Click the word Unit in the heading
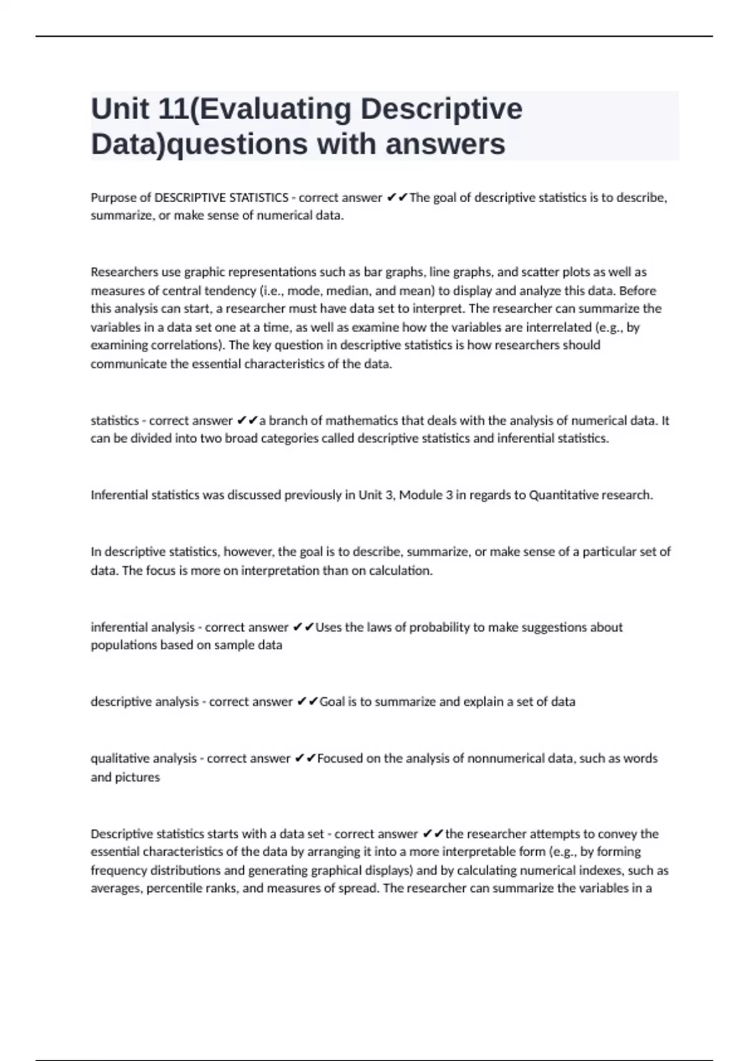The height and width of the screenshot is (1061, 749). coord(120,109)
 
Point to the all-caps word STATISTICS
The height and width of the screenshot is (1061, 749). coord(259,198)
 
